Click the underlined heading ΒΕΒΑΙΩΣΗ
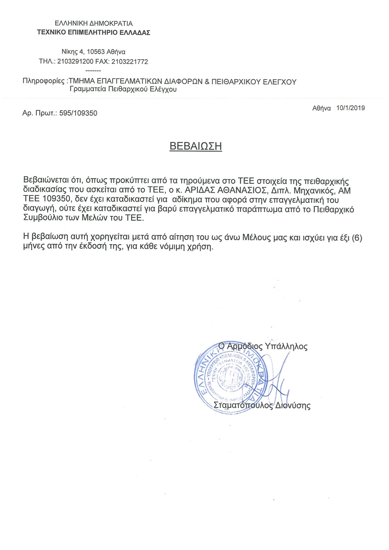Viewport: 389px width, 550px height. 195,146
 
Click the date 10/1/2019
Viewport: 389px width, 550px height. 350,108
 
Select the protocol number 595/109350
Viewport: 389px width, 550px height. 78,113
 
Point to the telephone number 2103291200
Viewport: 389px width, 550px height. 75,62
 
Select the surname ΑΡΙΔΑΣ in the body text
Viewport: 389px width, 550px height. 200,190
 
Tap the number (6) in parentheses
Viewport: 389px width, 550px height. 357,238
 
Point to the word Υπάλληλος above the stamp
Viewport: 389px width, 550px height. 286,346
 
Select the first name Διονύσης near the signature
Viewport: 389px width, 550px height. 293,406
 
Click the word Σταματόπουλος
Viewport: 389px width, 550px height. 243,406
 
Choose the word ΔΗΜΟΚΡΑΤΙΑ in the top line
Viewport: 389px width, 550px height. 111,24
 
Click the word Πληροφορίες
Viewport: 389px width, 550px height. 44,81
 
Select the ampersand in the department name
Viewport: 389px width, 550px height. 207,82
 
